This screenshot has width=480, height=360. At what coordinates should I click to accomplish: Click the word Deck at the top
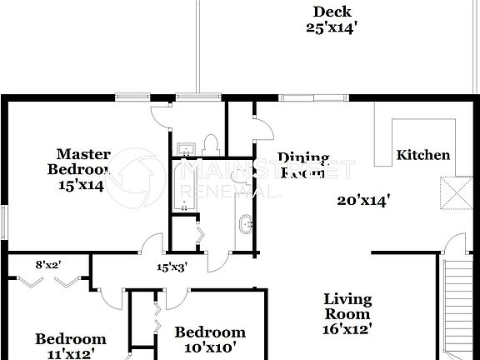(331, 12)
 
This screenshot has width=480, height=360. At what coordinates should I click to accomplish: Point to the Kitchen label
(422, 155)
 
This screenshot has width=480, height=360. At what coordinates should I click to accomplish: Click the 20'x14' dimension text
(364, 200)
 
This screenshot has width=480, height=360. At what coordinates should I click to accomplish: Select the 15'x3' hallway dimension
(172, 267)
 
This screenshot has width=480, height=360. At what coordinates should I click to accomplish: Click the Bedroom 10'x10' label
(210, 339)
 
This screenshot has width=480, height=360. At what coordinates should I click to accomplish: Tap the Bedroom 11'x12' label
(70, 346)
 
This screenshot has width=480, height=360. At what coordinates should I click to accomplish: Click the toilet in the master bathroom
(210, 145)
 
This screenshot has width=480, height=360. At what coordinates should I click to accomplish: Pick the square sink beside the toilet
(187, 149)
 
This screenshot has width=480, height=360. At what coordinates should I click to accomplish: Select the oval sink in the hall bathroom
(244, 225)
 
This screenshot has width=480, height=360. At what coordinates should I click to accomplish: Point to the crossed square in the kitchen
(454, 192)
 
